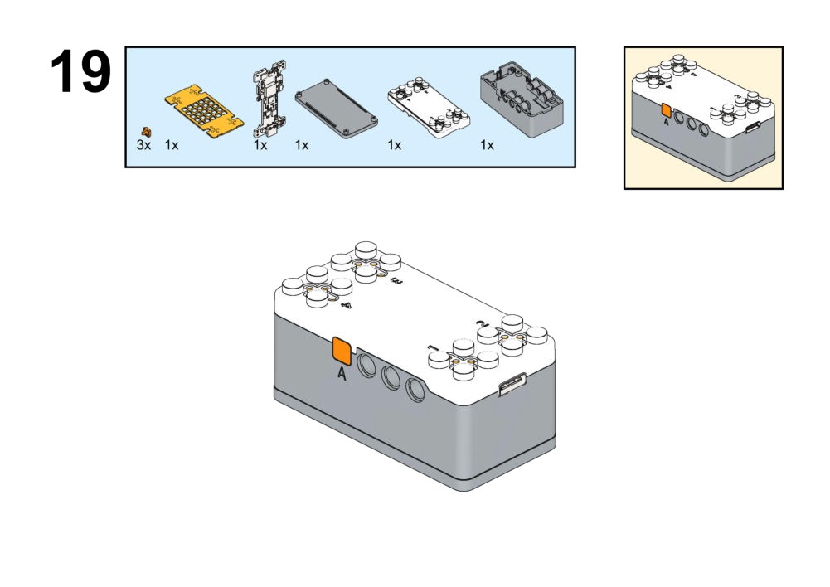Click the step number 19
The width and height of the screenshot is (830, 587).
(80, 72)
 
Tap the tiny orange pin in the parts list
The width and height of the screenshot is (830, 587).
(147, 131)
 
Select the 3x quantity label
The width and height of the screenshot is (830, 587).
(144, 145)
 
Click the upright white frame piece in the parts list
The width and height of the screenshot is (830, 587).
(269, 99)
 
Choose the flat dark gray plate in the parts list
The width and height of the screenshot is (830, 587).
(337, 104)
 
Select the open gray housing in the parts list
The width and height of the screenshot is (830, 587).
(522, 98)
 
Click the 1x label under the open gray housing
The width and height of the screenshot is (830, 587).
(487, 145)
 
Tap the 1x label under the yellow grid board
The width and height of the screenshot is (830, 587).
(172, 145)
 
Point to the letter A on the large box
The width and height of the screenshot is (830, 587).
(342, 374)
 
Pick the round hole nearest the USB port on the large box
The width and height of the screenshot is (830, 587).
(415, 387)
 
